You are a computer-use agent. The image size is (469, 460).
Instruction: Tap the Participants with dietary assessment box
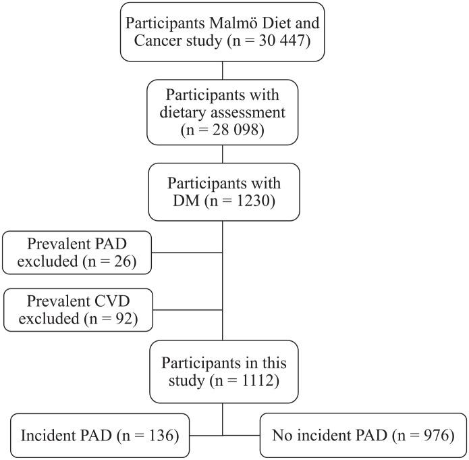[x=223, y=111]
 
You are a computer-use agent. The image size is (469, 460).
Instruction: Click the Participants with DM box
[x=223, y=192]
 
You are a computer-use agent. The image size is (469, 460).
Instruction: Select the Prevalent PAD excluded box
[x=77, y=252]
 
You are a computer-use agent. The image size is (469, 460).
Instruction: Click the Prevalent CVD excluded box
[x=77, y=309]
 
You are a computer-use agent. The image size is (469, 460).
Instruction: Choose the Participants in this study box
[x=223, y=370]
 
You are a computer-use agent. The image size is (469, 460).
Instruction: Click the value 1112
[x=257, y=380]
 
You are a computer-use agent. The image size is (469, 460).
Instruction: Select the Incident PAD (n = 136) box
[x=100, y=435]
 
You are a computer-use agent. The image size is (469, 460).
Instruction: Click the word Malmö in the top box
[x=246, y=22]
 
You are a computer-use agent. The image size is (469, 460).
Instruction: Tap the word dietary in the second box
[x=184, y=111]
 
